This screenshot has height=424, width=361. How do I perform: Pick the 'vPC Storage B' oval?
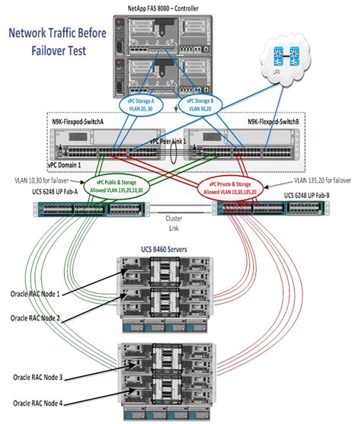coord(200,104)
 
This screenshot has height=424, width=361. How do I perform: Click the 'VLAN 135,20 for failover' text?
coord(322,181)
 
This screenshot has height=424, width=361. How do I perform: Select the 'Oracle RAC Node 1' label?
coord(37,293)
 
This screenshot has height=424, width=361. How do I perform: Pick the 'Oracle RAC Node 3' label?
coord(36,378)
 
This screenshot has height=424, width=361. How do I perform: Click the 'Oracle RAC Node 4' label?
coord(36,403)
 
